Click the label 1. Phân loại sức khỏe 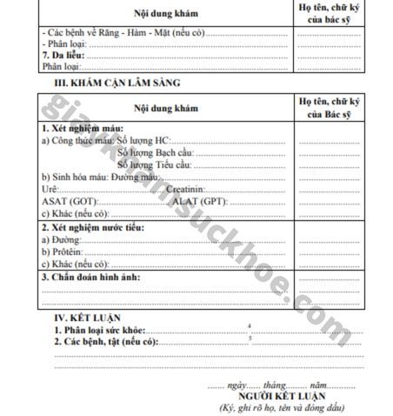[x=100, y=332]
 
